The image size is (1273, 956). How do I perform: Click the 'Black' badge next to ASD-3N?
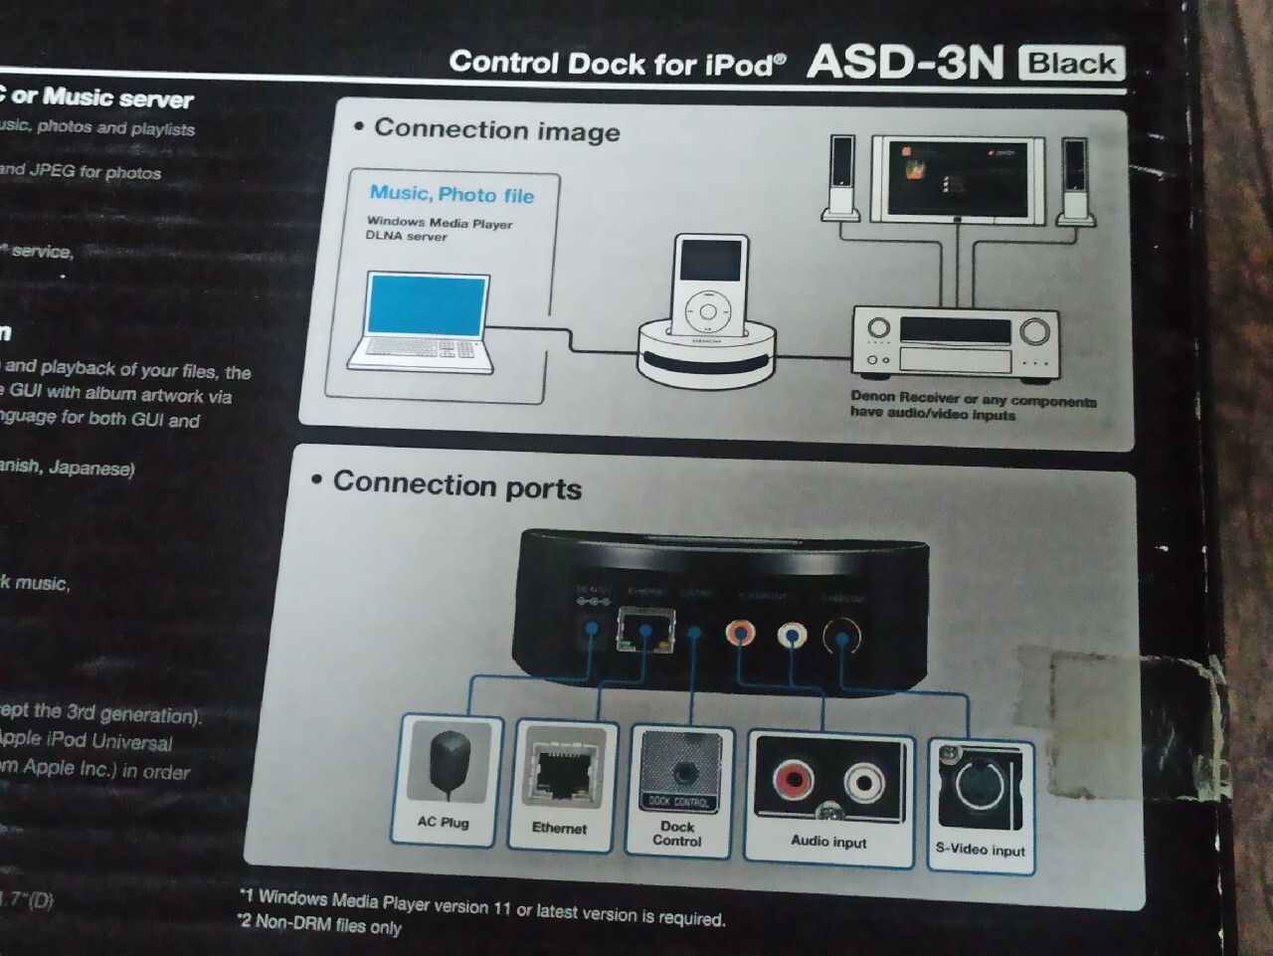pyautogui.click(x=1071, y=64)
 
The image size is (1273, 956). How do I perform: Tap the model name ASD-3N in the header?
pyautogui.click(x=905, y=62)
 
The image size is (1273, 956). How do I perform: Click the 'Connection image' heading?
pyautogui.click(x=496, y=130)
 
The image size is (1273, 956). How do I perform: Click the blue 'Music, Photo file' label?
pyautogui.click(x=452, y=194)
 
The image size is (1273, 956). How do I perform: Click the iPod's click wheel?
pyautogui.click(x=708, y=312)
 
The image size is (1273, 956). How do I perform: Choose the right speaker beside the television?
pyautogui.click(x=1073, y=179)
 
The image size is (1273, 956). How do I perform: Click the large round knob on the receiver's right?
pyautogui.click(x=1034, y=331)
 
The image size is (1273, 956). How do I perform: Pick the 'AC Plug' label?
pyautogui.click(x=443, y=823)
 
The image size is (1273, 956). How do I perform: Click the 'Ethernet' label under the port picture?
pyautogui.click(x=559, y=828)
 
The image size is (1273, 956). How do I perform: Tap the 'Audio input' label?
pyautogui.click(x=828, y=842)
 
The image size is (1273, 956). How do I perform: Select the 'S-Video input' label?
pyautogui.click(x=980, y=850)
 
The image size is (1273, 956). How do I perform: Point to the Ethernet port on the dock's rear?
pyautogui.click(x=644, y=630)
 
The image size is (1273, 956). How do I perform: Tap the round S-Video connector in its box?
pyautogui.click(x=982, y=785)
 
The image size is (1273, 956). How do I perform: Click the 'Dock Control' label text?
pyautogui.click(x=677, y=834)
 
